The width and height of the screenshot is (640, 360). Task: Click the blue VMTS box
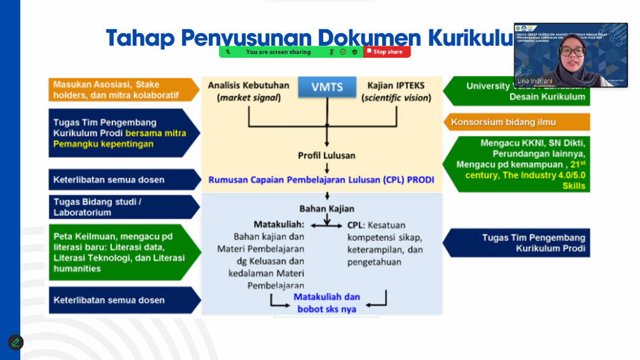327,87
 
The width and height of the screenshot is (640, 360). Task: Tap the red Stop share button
387,52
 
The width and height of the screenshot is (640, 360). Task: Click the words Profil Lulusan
326,155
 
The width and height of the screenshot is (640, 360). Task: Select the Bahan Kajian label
327,209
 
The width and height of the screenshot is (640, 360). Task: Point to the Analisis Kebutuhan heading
248,85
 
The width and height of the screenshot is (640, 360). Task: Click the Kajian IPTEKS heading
396,85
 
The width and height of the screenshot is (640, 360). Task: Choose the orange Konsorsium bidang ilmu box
517,122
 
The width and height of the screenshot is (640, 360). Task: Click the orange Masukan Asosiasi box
121,90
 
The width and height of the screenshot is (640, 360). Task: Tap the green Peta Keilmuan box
121,253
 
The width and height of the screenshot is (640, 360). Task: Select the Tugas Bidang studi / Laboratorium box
121,207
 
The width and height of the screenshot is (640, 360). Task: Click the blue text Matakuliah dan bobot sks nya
327,303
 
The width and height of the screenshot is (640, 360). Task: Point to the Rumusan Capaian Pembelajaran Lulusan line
321,180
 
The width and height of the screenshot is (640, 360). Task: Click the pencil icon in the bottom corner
15,342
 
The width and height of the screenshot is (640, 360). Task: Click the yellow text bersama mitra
156,134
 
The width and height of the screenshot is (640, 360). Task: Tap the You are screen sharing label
278,52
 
